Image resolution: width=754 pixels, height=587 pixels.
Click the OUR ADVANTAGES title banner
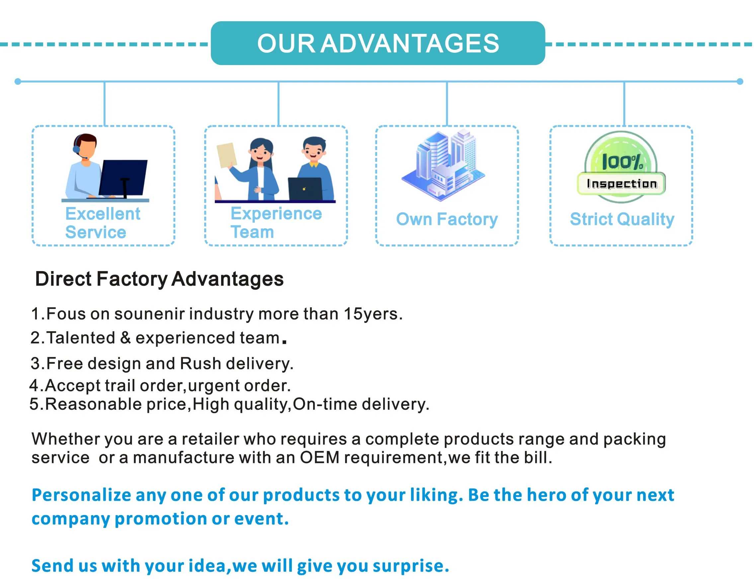[x=378, y=43]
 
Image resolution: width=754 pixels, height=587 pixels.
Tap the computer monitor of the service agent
[x=123, y=178]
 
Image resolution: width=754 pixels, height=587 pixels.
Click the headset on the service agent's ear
[x=77, y=148]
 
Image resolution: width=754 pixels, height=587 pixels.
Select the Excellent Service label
[x=103, y=223]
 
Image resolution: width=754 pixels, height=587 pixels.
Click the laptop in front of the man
[x=305, y=188]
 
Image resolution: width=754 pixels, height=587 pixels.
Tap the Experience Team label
[x=276, y=223]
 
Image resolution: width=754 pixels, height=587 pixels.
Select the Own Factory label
[x=447, y=219]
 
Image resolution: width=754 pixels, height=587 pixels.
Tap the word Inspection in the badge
[x=622, y=184]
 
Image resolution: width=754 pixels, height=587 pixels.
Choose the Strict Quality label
[x=622, y=219]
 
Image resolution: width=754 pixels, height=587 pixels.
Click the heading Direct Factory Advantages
[x=159, y=279]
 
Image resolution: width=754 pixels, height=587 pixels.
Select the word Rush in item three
[x=200, y=363]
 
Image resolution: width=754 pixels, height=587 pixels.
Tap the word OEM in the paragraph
[x=319, y=458]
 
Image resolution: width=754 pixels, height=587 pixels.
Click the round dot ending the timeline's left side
[x=18, y=81]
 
